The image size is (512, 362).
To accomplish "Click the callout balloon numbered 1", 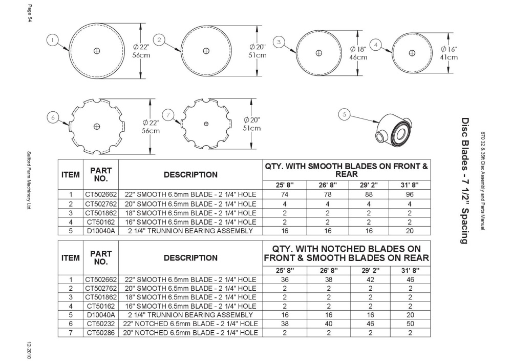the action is point(53,41).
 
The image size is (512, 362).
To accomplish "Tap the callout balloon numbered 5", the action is point(344,114).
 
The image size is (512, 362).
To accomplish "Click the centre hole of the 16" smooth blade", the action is point(412,53).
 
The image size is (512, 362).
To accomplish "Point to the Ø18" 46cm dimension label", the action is point(358,53).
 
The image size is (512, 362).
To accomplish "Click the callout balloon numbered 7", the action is point(168,115).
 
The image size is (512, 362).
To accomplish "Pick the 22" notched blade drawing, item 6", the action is point(97,127).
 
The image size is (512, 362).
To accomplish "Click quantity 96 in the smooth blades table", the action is point(410,194).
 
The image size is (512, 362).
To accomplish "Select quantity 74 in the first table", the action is point(285,194).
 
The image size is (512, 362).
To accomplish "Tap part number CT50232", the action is point(101,324).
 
